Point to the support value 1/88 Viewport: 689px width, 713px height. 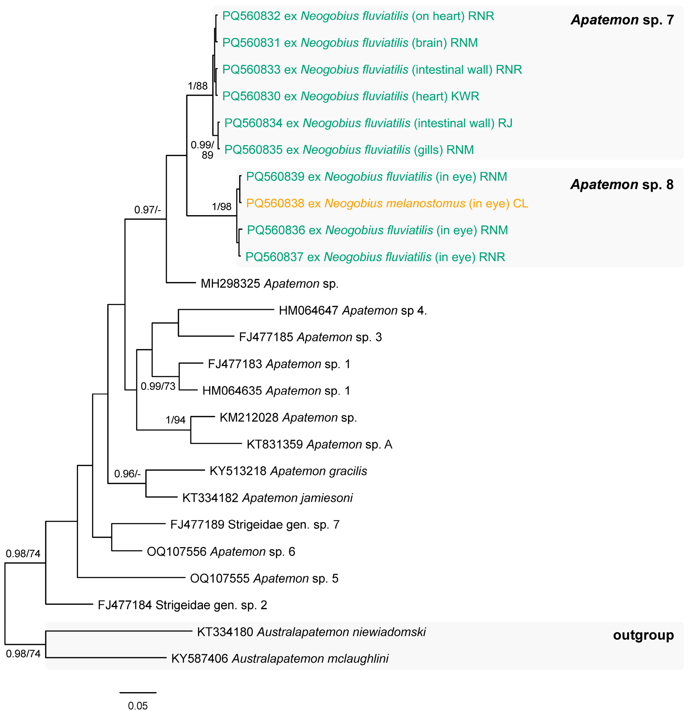point(197,86)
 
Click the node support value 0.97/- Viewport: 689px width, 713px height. point(148,210)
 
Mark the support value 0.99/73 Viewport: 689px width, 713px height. point(158,386)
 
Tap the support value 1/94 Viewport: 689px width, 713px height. point(175,420)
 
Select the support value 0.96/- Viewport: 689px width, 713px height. point(127,474)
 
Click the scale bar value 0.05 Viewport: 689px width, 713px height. point(138,706)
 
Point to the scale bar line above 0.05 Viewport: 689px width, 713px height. point(138,693)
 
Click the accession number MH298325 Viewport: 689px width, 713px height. point(230,284)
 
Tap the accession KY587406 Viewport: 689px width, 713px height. point(200,658)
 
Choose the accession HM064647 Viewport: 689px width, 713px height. point(309,311)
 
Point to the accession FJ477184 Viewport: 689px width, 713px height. point(125,605)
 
